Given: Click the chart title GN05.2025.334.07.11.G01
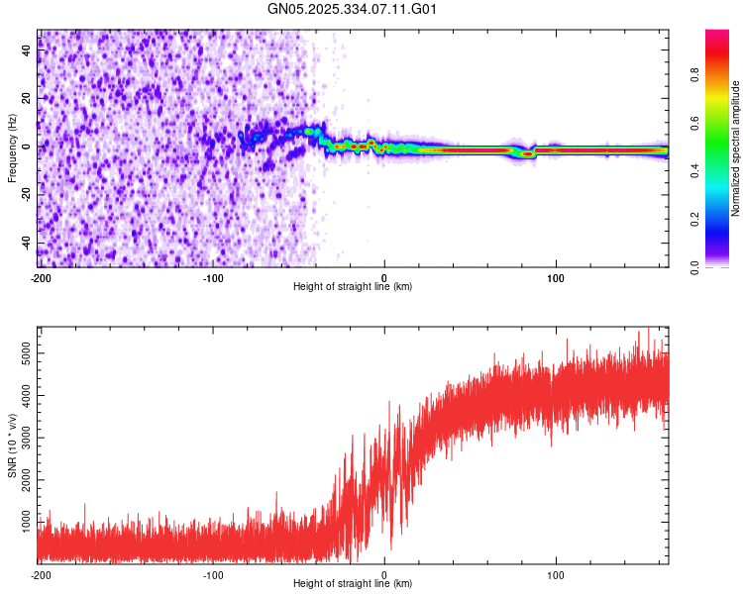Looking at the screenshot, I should [353, 9].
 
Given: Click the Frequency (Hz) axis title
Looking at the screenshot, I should [12, 148].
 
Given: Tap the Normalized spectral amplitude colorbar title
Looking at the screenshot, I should [736, 148].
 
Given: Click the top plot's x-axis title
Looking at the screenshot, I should [353, 286].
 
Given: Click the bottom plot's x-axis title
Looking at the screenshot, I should [353, 583].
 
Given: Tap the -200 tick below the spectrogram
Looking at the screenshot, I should [40, 276].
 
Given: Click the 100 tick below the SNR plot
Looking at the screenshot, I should [556, 573].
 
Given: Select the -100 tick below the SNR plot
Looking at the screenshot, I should [212, 573].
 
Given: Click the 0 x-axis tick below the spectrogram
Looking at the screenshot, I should [384, 276].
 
